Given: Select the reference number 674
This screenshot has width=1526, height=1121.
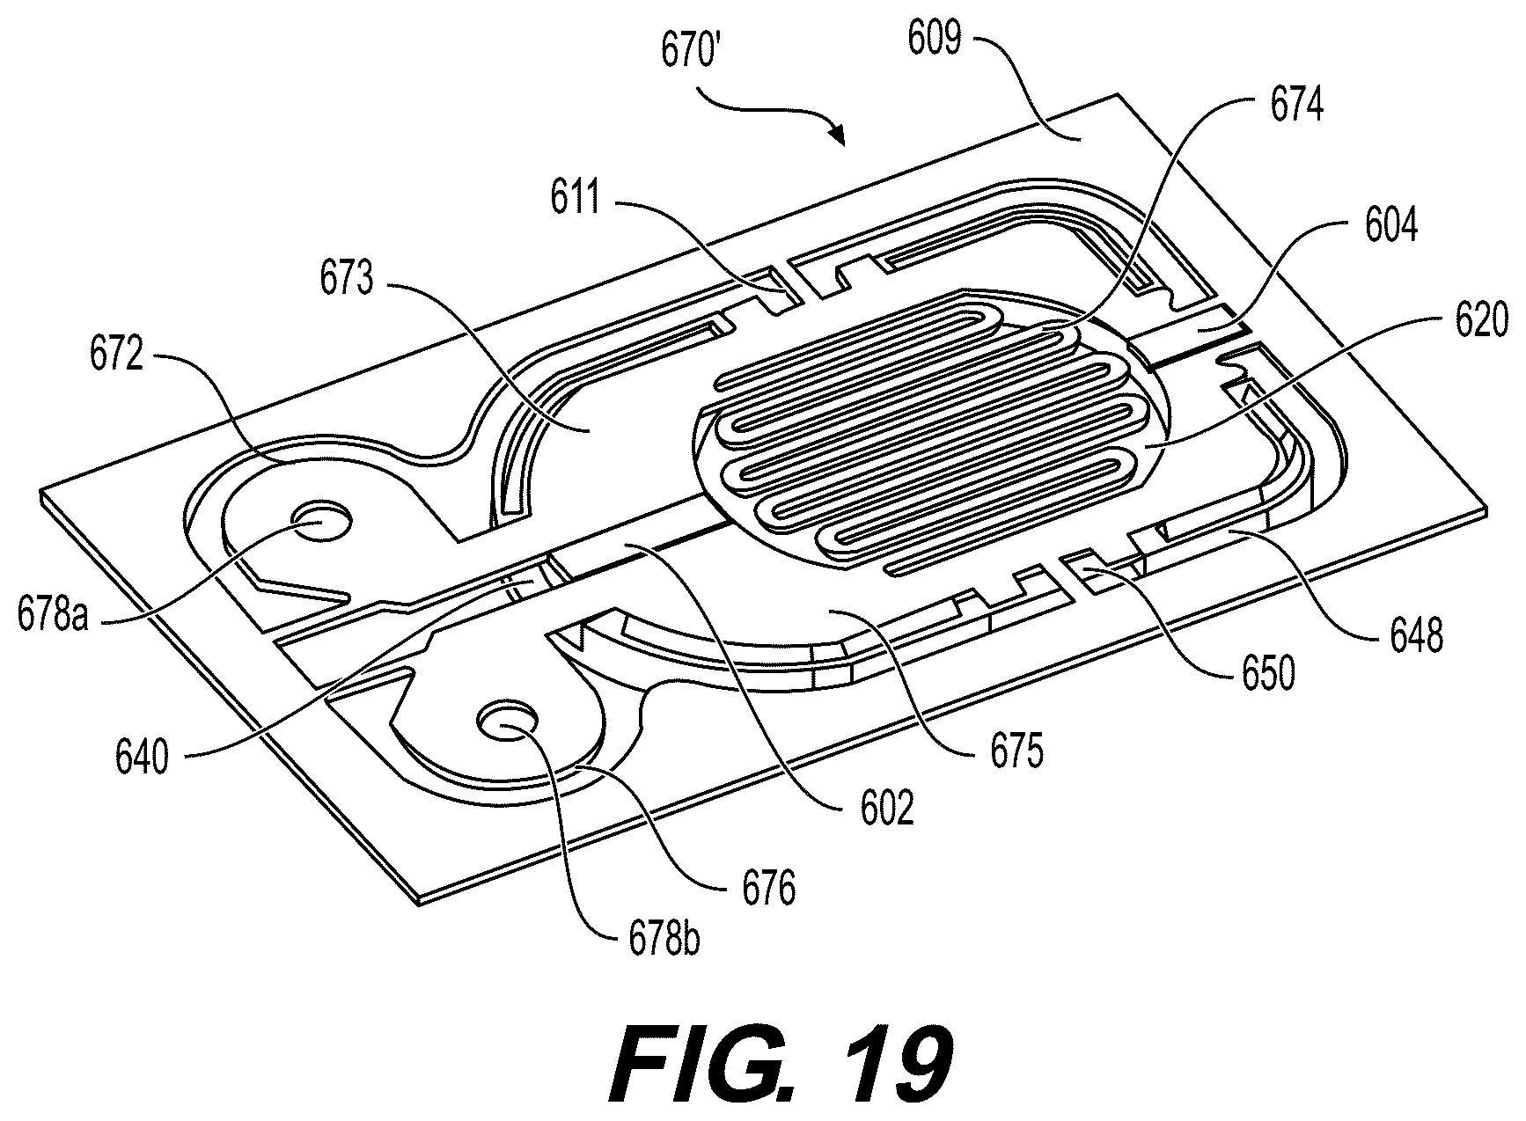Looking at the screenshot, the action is click(1296, 106).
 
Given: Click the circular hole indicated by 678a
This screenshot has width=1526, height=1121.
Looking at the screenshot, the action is click(322, 524).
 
